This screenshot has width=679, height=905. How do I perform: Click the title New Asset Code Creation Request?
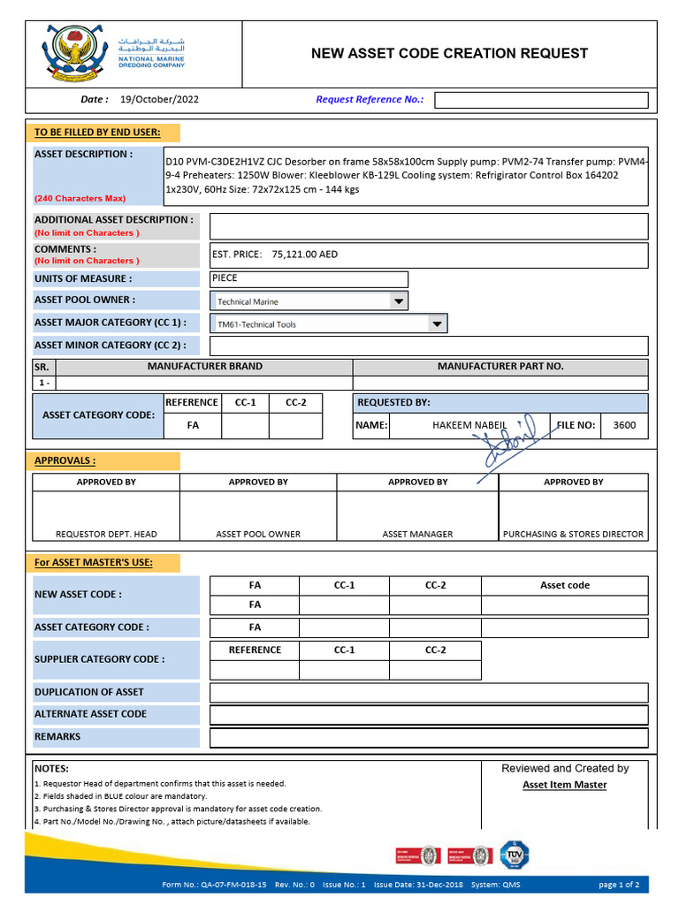449,53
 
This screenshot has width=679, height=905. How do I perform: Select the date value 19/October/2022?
159,100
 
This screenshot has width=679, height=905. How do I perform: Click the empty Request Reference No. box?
541,100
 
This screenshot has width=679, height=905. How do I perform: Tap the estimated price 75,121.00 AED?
305,255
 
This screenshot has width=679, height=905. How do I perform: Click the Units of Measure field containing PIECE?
309,279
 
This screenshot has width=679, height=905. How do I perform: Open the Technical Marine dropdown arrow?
398,301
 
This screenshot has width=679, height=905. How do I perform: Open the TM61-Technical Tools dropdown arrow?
437,324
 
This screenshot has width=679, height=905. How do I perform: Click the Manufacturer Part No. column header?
500,366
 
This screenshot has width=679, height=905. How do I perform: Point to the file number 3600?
624,425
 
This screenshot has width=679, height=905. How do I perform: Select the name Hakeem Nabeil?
469,425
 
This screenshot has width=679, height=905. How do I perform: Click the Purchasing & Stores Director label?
573,534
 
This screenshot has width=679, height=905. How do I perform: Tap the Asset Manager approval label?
417,534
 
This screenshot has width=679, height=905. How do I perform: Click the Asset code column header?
564,585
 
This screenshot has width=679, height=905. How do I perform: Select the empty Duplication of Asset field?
428,693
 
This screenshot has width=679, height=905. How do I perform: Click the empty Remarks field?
428,737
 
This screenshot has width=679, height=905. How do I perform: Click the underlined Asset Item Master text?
564,785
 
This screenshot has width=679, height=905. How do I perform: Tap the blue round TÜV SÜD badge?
515,854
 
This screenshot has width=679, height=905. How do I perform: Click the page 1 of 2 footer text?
619,884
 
